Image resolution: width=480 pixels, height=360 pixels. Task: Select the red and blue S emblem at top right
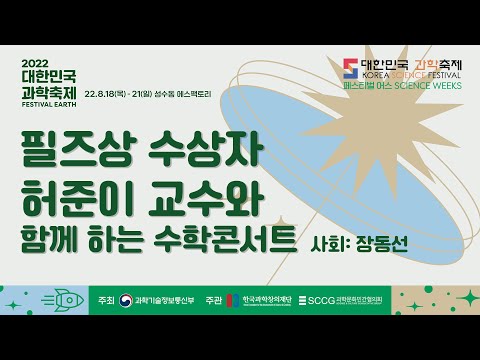pos(349,68)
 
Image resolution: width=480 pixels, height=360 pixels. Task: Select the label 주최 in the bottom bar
pos(103,300)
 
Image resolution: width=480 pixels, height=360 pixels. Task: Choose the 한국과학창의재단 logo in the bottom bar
pos(263,300)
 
